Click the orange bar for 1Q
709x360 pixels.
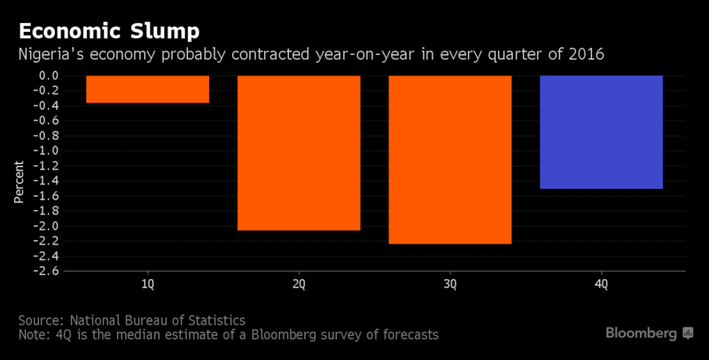[x=148, y=90]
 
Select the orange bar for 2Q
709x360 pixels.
[x=299, y=153]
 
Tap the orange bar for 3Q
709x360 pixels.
[x=449, y=160]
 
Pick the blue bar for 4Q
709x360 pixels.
[x=601, y=132]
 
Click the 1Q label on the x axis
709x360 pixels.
[x=148, y=285]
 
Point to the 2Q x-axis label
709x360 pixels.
[x=299, y=285]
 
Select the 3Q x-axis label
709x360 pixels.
[x=449, y=285]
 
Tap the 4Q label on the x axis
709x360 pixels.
[x=601, y=285]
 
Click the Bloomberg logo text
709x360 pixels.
[x=641, y=333]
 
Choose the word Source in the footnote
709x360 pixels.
[x=41, y=319]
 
